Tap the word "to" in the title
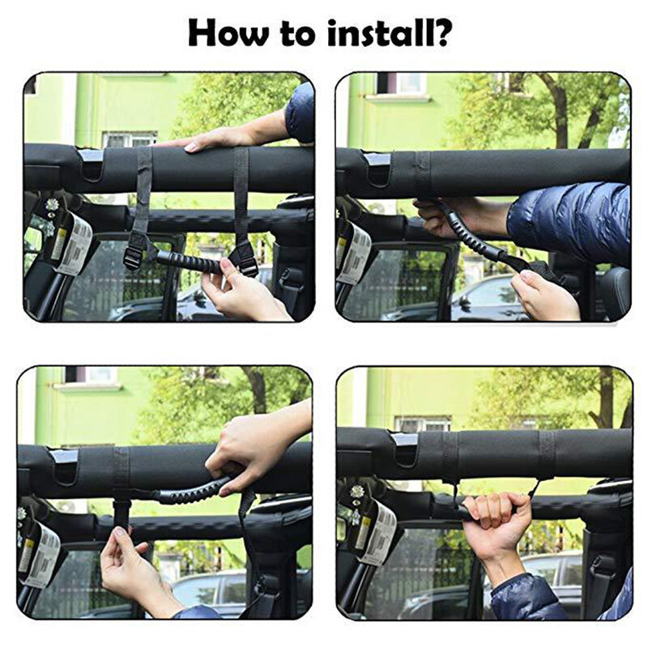[300, 35]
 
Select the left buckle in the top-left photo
[133, 256]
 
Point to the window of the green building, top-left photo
[130, 139]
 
